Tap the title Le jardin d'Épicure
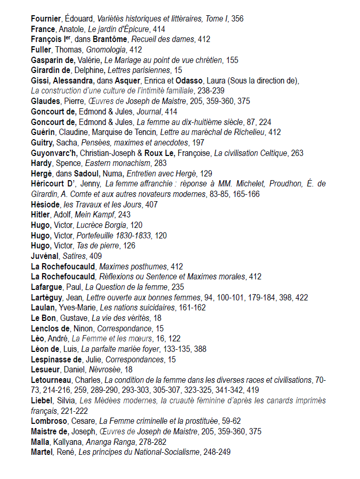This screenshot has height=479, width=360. (x=118, y=29)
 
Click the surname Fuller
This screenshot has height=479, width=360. (x=42, y=50)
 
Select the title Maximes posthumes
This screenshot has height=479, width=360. (x=133, y=266)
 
